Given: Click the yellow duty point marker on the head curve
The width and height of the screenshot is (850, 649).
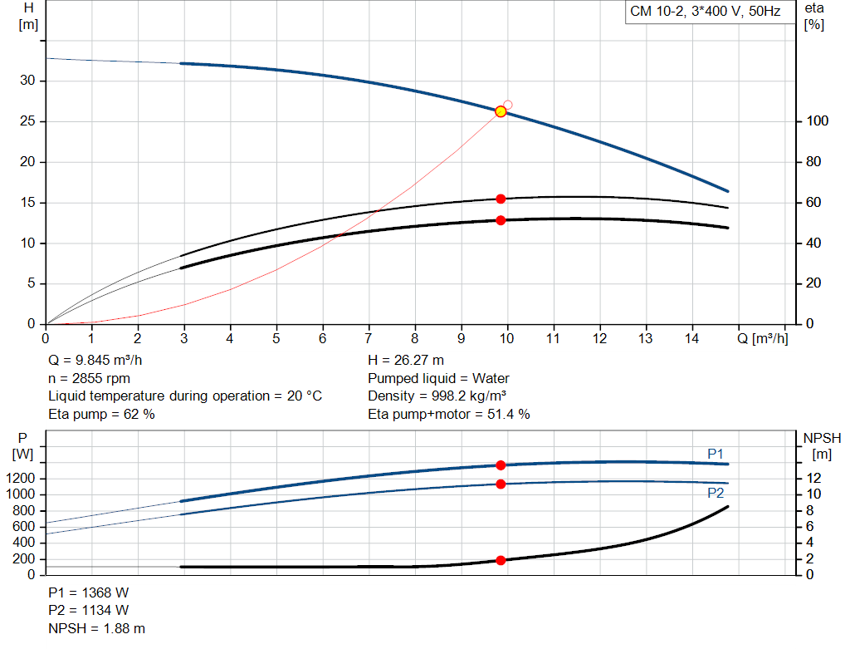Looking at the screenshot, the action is pyautogui.click(x=501, y=111).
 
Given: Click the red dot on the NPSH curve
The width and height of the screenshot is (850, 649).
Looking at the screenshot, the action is pyautogui.click(x=501, y=560).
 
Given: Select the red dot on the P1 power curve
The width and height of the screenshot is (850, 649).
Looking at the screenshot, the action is pyautogui.click(x=501, y=465).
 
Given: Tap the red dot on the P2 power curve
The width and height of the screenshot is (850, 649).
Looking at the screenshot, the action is pyautogui.click(x=501, y=484).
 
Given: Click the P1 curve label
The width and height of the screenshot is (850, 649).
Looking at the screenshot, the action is pyautogui.click(x=716, y=454).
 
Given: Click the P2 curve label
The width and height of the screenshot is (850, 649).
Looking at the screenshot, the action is pyautogui.click(x=716, y=493).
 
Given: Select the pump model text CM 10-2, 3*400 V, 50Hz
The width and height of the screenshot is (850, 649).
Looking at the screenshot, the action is pyautogui.click(x=706, y=12).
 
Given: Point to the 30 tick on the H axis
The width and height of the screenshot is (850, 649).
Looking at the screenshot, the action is pyautogui.click(x=27, y=81).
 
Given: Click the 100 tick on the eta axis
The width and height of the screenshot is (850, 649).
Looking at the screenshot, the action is pyautogui.click(x=817, y=120).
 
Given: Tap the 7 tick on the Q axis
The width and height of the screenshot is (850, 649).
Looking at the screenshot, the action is pyautogui.click(x=369, y=338).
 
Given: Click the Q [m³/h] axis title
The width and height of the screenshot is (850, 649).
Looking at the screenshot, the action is pyautogui.click(x=763, y=338).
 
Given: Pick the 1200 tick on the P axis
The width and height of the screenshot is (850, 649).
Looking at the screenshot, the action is pyautogui.click(x=20, y=478).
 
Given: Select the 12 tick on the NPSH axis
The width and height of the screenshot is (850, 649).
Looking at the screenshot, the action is pyautogui.click(x=813, y=478).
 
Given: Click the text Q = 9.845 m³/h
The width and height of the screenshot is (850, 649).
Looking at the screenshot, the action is pyautogui.click(x=95, y=360).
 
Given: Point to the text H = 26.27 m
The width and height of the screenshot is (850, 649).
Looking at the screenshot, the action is pyautogui.click(x=406, y=360).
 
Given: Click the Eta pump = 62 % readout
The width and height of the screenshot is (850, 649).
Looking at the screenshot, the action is pyautogui.click(x=101, y=414).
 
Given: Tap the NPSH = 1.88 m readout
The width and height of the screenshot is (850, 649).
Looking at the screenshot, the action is pyautogui.click(x=96, y=628).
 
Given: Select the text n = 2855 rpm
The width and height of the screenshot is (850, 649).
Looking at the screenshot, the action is pyautogui.click(x=89, y=378).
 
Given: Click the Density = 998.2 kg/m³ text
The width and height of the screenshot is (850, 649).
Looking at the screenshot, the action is pyautogui.click(x=437, y=396).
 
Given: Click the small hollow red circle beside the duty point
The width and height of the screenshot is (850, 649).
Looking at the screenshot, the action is pyautogui.click(x=508, y=105).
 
